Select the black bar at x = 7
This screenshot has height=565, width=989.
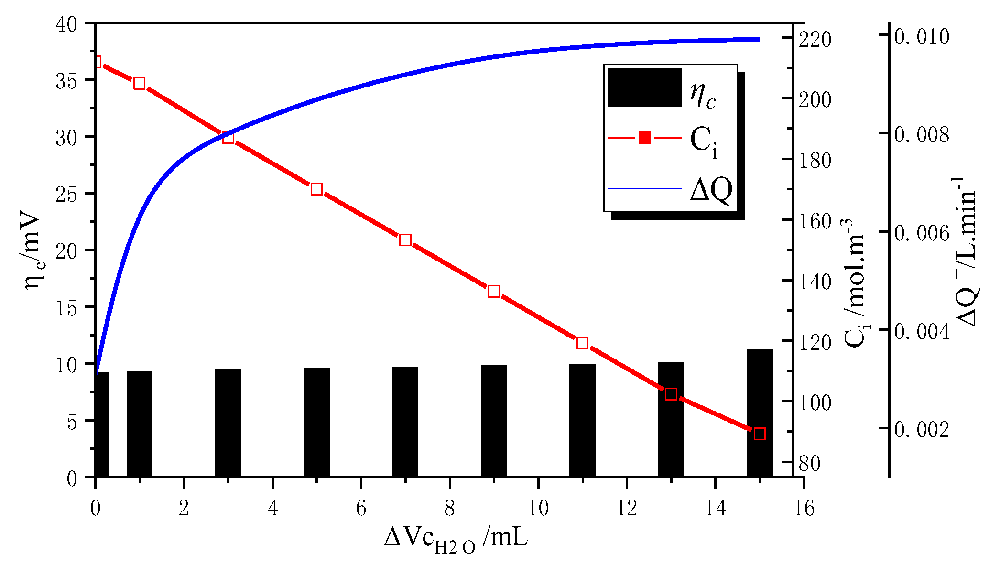click(x=405, y=422)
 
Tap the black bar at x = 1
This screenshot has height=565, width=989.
click(x=140, y=424)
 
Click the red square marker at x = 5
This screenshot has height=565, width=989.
click(x=316, y=189)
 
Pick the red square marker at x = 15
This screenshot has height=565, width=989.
click(x=760, y=434)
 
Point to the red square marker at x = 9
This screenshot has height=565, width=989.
click(x=494, y=292)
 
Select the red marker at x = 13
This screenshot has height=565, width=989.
click(x=671, y=394)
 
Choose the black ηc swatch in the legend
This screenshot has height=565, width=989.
click(x=644, y=88)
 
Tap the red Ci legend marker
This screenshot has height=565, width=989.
click(x=645, y=139)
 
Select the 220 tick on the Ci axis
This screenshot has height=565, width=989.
click(x=815, y=40)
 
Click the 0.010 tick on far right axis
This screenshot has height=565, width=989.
click(x=921, y=37)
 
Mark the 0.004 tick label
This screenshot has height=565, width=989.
click(x=921, y=331)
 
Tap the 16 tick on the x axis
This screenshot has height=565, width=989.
click(x=804, y=508)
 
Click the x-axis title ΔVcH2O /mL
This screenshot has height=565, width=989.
click(x=456, y=539)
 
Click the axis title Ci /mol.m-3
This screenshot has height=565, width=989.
click(x=854, y=282)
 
